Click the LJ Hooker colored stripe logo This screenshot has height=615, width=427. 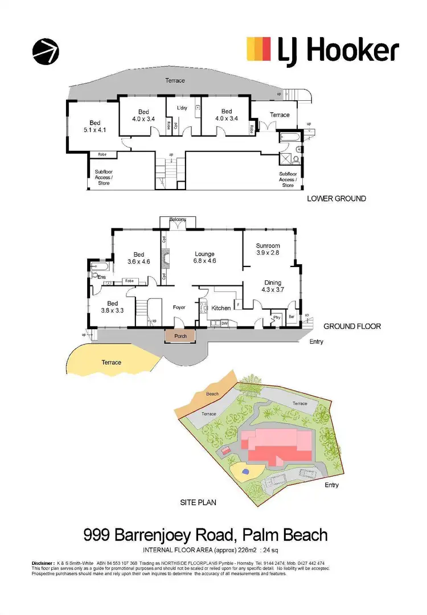click(258, 50)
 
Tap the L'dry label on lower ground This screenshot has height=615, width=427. click(182, 108)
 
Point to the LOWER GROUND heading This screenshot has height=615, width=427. click(336, 199)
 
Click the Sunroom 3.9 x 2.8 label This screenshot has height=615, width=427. click(268, 250)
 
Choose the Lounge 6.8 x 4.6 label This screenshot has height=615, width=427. click(204, 257)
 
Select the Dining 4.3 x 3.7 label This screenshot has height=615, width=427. click(272, 286)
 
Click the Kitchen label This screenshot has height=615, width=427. click(221, 307)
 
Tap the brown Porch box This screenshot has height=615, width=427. click(180, 336)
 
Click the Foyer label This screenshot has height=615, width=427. click(180, 307)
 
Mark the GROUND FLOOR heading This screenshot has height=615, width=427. click(352, 326)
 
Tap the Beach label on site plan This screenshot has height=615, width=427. click(212, 393)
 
